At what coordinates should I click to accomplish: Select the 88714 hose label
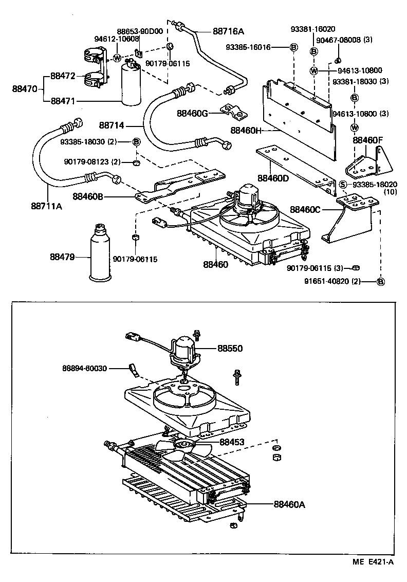coord(113,125)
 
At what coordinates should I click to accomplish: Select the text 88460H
coord(246,131)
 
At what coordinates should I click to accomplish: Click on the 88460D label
coord(273,178)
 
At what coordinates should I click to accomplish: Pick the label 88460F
coord(368,139)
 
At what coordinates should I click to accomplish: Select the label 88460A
coord(289,504)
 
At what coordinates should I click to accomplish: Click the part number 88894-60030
coord(85,368)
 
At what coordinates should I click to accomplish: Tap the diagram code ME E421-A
coord(374,562)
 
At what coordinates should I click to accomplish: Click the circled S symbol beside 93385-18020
coord(342,185)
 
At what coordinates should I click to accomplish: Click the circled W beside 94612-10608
coord(117,58)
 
